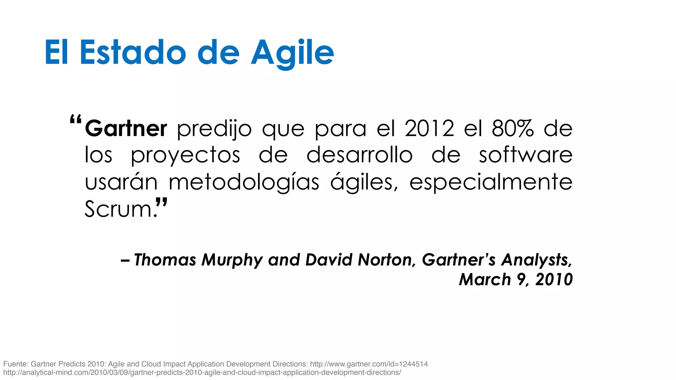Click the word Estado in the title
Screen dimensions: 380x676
pos(133,52)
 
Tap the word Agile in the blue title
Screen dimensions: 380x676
pos(292,53)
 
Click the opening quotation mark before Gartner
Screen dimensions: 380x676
pos(76,119)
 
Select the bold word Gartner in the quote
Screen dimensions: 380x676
pos(126,128)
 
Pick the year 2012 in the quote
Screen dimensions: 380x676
pos(429,128)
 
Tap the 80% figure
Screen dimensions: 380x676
pos(512,128)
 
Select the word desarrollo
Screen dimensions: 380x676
pos(359,155)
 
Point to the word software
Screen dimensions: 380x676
pos(525,155)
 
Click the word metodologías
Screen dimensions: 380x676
pos(244,182)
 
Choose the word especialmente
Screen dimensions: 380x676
pos(491,183)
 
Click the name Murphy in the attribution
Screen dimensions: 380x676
pos(232,260)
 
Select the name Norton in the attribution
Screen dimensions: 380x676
pos(385,260)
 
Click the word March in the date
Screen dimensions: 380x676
pos(485,279)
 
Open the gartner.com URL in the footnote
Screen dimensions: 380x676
pos(369,364)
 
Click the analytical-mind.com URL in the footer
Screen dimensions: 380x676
pos(202,373)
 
